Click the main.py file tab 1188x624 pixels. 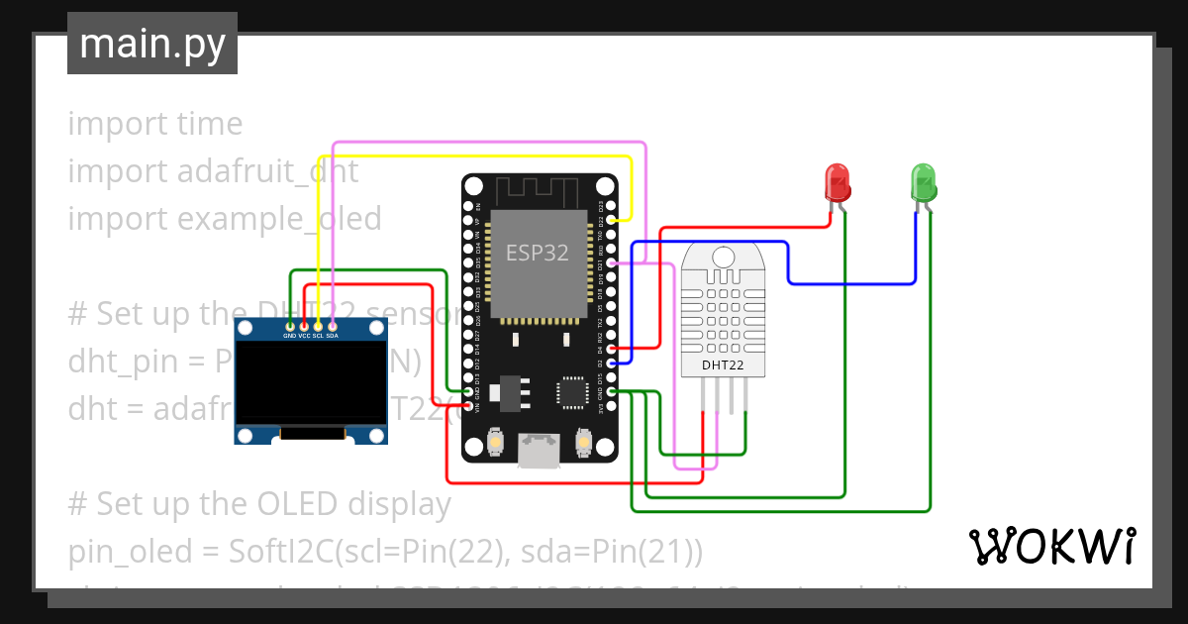[x=151, y=44]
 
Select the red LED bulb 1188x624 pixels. [x=838, y=182]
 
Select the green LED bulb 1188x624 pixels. [x=923, y=182]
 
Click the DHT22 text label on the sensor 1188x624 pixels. [x=723, y=365]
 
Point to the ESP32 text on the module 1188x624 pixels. [x=538, y=253]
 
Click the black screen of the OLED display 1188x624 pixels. [x=310, y=382]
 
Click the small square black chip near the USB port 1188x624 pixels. [x=573, y=391]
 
